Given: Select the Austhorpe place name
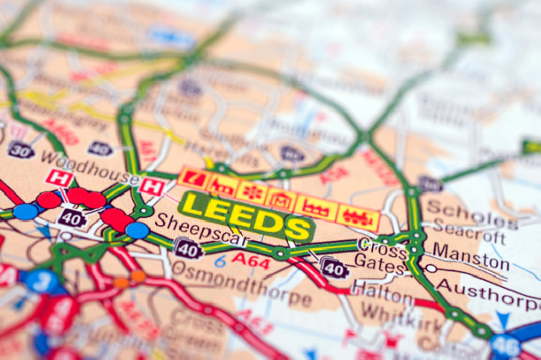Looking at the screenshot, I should tap(498, 292).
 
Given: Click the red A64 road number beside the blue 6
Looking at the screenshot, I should tap(251, 259).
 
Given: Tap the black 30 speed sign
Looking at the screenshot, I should tap(21, 150).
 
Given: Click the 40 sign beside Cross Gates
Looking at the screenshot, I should tap(334, 267).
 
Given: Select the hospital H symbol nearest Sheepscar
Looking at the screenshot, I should tap(150, 186).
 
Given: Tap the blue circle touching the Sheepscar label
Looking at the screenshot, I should tap(137, 231).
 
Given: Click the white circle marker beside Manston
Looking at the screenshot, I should tap(431, 268).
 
